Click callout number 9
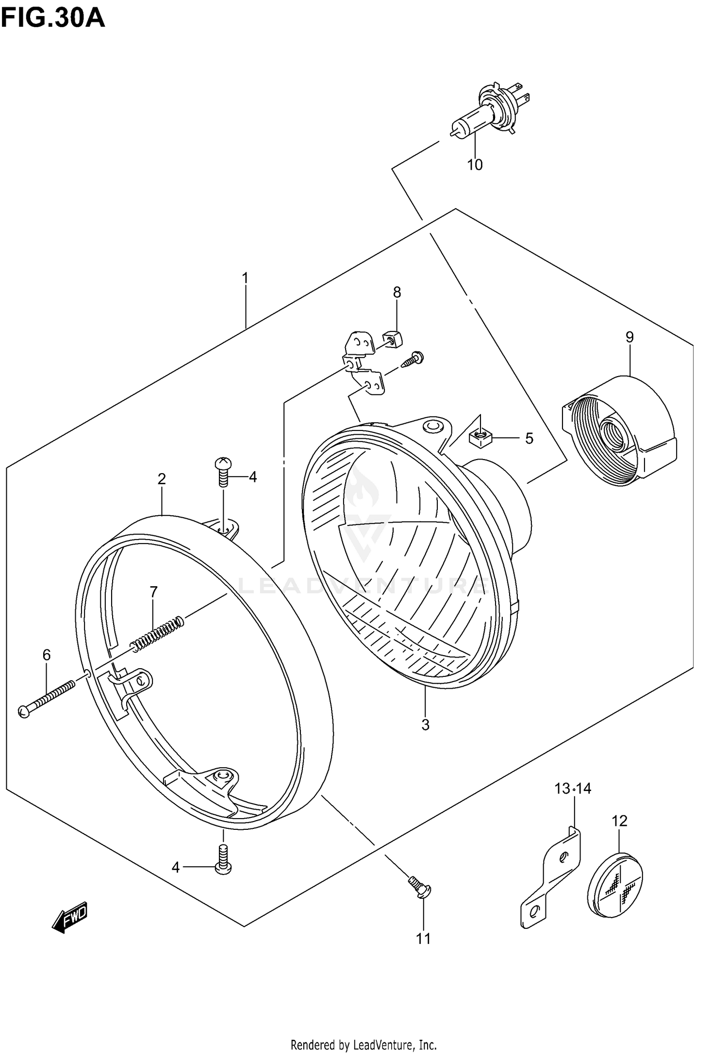tap(629, 337)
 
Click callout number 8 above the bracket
tap(397, 292)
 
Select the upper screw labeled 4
tap(223, 471)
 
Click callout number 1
tap(245, 278)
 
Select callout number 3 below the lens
tap(425, 725)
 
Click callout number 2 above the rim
tap(162, 479)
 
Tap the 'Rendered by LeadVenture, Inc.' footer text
tap(364, 1044)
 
